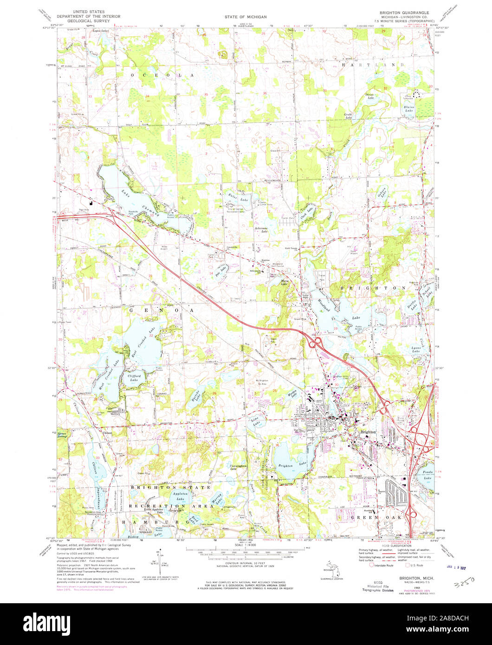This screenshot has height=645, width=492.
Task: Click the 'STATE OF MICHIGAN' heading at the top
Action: pos(246,17)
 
